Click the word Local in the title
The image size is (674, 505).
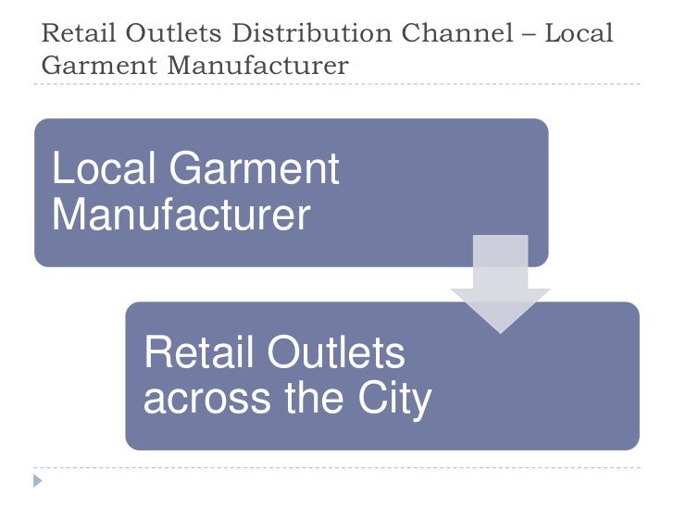tap(579, 34)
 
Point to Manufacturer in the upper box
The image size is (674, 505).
tap(181, 215)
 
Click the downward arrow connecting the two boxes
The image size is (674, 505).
tap(500, 282)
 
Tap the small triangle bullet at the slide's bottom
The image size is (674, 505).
tap(38, 480)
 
